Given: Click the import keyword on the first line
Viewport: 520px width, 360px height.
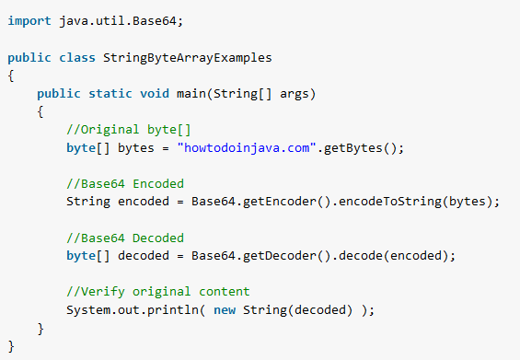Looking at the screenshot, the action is [29, 21].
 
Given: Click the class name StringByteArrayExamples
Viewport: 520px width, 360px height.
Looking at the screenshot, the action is [188, 58].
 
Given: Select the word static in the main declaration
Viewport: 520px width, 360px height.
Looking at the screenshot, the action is [110, 94].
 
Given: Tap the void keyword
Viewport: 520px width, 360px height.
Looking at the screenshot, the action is [155, 94].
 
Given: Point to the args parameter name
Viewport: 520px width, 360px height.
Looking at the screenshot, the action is [295, 94].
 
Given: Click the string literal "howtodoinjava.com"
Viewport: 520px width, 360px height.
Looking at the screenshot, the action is [247, 147].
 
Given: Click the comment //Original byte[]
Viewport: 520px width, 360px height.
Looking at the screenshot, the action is [129, 130].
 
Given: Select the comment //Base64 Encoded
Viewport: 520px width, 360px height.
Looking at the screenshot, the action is [125, 183].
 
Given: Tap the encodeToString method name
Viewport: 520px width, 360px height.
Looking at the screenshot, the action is [390, 202].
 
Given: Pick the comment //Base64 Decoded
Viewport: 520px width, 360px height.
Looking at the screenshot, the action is [125, 238].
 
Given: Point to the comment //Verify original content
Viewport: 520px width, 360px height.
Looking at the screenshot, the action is [158, 292].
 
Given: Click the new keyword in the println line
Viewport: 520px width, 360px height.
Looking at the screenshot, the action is [225, 310].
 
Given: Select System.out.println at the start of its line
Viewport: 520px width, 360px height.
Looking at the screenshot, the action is [133, 310].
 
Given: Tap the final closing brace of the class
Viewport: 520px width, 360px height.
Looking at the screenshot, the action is [11, 346].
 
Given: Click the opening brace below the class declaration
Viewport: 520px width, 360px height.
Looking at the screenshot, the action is [11, 75].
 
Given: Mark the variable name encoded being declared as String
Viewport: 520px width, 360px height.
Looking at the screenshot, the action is [144, 202].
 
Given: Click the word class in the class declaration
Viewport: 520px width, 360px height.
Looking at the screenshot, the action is [77, 58].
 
